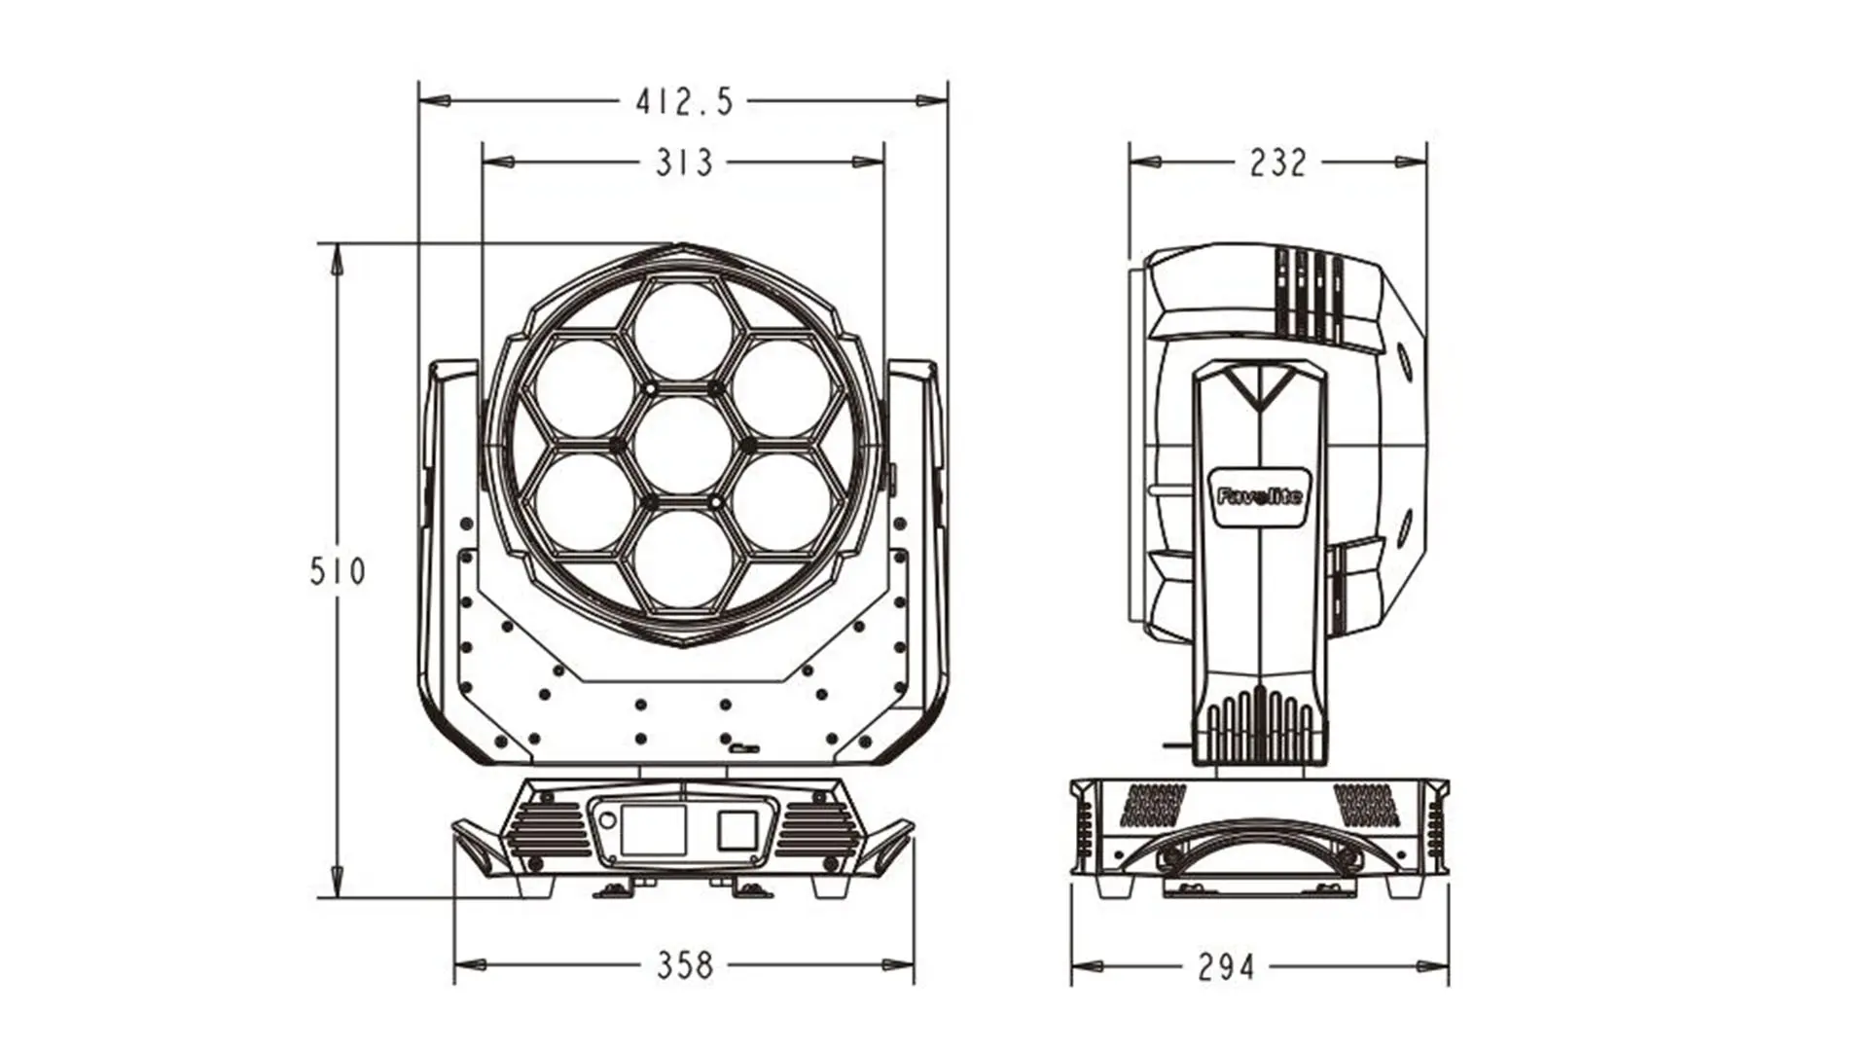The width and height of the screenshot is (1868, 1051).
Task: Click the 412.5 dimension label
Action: coord(684,101)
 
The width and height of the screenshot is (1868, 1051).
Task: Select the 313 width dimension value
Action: coord(684,163)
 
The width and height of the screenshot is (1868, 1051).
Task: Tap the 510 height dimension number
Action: coord(338,571)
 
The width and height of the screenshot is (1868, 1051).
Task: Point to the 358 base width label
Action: coord(685,965)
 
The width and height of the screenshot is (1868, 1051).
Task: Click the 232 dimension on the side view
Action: coord(1277,163)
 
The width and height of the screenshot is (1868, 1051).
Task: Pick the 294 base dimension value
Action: coord(1226,967)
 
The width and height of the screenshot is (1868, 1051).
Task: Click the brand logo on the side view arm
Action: coord(1259,496)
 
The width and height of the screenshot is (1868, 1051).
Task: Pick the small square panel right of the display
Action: coord(737,830)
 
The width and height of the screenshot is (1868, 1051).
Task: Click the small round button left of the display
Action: coord(608,820)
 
